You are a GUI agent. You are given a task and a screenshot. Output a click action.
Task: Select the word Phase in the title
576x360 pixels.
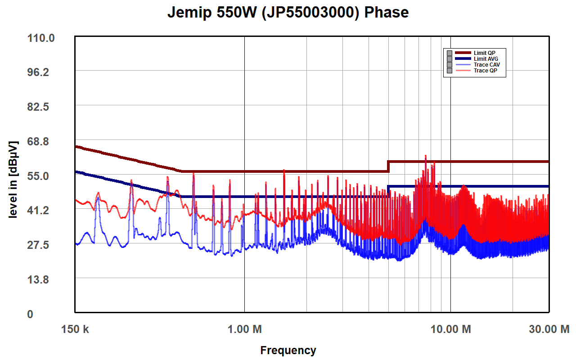387,13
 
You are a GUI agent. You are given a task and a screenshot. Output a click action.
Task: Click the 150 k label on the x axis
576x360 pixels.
75,329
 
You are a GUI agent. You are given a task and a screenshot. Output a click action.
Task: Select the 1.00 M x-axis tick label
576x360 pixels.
244,329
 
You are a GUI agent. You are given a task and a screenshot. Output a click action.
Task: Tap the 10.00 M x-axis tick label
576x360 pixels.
451,329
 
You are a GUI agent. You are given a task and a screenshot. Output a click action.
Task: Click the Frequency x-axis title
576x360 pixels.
288,350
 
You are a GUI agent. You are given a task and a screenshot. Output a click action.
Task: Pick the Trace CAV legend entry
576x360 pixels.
486,65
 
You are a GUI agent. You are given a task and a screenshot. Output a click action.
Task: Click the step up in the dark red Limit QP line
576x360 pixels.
388,166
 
